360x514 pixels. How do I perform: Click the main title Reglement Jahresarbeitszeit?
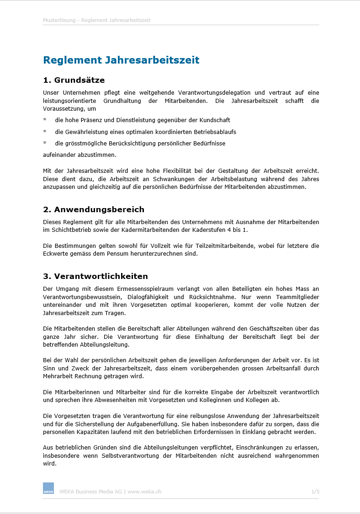coord(121,60)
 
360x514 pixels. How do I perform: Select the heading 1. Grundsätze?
coord(74,80)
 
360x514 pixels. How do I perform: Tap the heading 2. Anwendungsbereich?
coord(94,210)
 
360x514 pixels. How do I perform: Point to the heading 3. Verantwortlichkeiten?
coord(95,276)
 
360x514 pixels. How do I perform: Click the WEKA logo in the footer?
coord(48,488)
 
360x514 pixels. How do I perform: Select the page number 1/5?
coord(315,492)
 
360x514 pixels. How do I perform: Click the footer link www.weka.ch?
coord(144,492)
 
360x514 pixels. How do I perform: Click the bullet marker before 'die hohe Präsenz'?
coord(45,119)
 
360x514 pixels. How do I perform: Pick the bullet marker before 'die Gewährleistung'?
coord(45,131)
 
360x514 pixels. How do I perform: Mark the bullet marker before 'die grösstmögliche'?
coord(45,142)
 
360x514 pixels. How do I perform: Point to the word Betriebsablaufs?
coord(214,132)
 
